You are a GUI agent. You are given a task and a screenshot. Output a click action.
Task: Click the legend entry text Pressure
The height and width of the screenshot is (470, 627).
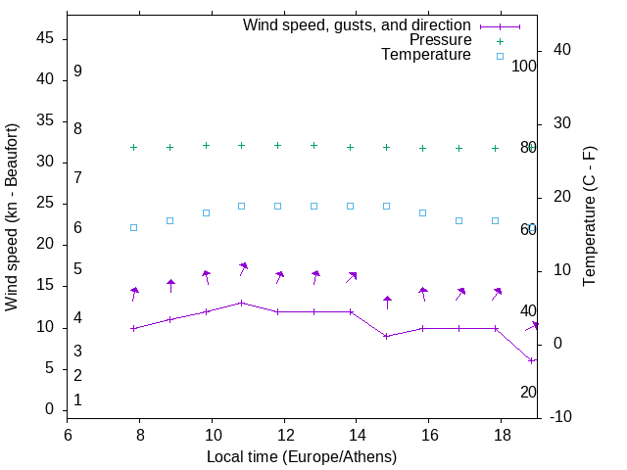click(x=440, y=40)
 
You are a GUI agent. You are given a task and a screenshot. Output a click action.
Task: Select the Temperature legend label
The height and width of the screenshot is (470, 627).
click(x=426, y=55)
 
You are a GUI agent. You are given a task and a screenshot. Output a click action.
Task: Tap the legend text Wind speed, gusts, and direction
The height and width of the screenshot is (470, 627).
click(x=358, y=25)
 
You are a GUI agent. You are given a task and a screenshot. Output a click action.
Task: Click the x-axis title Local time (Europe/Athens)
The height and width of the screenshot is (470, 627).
click(x=302, y=456)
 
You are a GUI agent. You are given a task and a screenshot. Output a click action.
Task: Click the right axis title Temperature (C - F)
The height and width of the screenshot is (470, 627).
click(x=590, y=217)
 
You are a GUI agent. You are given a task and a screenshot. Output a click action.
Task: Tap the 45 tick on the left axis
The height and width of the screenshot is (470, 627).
click(x=44, y=38)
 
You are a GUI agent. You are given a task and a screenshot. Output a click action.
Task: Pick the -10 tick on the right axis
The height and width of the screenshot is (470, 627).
click(x=564, y=417)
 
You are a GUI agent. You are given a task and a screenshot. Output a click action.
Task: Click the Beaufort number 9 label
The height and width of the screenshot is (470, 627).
click(x=77, y=71)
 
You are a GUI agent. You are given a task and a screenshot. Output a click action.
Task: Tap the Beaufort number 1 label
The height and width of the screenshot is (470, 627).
click(x=77, y=399)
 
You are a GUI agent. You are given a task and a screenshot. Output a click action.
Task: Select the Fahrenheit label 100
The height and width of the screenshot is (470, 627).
click(x=524, y=66)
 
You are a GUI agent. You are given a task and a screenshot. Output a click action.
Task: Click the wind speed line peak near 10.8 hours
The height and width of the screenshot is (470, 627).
click(x=242, y=303)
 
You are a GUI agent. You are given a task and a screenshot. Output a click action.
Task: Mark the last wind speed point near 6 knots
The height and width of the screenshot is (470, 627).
click(x=531, y=360)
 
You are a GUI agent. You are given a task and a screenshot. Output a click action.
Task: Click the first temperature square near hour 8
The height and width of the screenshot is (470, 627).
click(x=133, y=227)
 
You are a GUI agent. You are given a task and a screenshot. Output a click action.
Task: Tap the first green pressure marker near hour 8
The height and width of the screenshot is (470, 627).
click(x=133, y=147)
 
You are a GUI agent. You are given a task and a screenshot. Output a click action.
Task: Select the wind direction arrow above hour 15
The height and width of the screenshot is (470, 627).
click(x=387, y=302)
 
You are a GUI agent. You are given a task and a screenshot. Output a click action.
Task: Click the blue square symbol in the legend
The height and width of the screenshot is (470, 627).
click(x=500, y=56)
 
